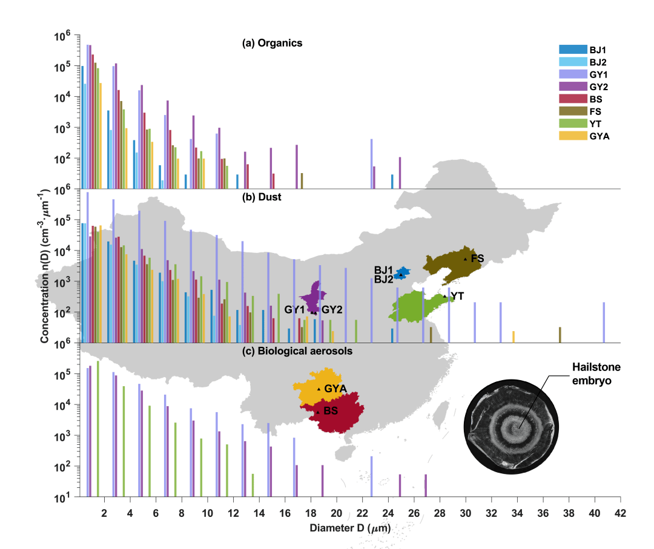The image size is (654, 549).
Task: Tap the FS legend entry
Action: [x=595, y=111]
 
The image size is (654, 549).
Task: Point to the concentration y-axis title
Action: [x=45, y=267]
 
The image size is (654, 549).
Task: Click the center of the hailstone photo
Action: [x=516, y=428]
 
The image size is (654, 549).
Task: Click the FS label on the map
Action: [x=477, y=258]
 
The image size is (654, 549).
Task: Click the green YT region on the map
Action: [x=418, y=306]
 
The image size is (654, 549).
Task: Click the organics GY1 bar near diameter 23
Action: [x=371, y=164]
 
